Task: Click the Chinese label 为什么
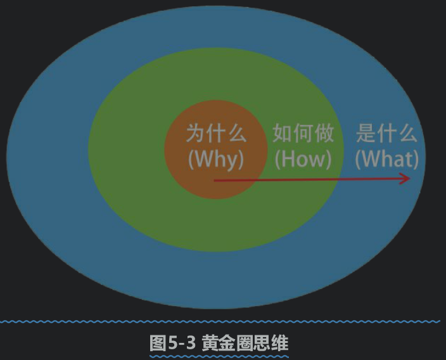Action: pos(217,133)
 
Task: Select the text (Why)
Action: pos(216,159)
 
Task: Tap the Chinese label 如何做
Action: pos(303,133)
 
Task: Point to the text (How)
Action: pos(303,158)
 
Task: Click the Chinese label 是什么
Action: pos(387,133)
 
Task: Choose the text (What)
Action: pos(387,158)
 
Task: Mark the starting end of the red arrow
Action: pos(215,181)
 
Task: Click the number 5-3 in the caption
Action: pos(182,343)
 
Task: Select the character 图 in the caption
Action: pos(158,343)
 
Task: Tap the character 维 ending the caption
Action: pos(280,343)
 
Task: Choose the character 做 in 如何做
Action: pos(324,133)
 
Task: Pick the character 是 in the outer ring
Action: pos(366,133)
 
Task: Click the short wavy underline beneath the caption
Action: pos(219,356)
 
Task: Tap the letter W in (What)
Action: pos(370,159)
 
